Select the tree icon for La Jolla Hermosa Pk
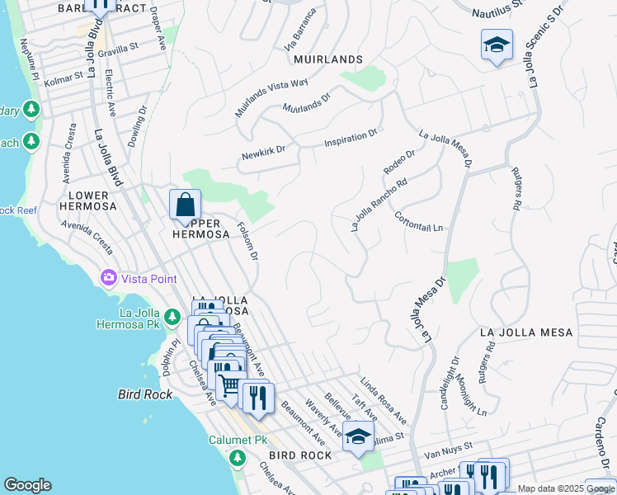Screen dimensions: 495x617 pos(172,316)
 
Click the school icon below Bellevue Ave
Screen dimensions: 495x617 pos(358,437)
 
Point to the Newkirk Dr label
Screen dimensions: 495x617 pos(262,153)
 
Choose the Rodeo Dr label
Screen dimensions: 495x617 pos(398,162)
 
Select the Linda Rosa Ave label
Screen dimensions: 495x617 pos(383,398)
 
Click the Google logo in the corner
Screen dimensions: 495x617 pos(27,485)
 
